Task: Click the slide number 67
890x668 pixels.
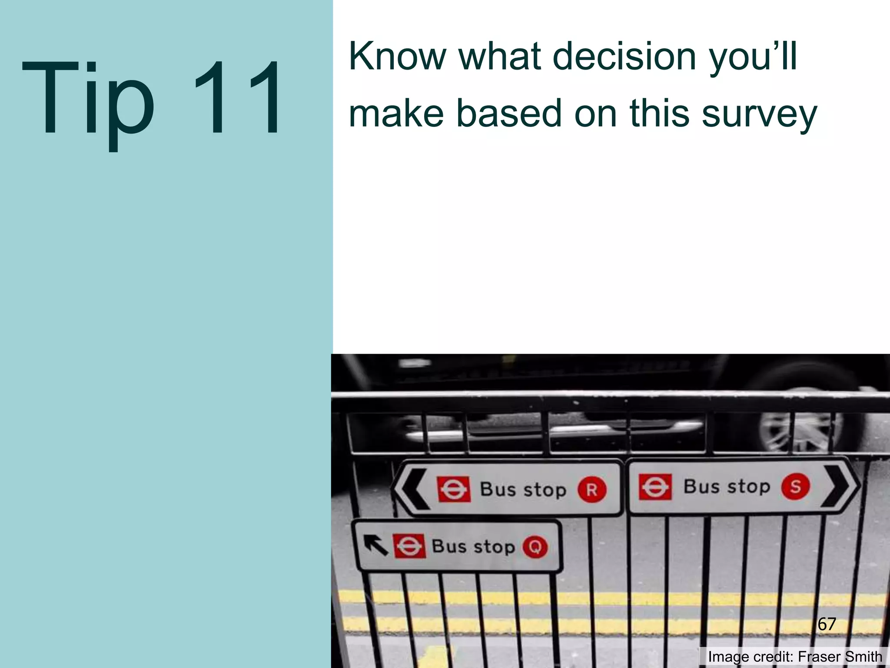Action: click(x=827, y=625)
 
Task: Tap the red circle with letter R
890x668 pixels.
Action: click(x=592, y=490)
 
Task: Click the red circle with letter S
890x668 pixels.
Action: click(x=795, y=486)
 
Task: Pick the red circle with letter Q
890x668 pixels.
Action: click(x=535, y=547)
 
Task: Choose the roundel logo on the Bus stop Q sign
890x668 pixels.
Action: click(x=409, y=546)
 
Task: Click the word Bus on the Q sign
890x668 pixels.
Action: click(x=449, y=546)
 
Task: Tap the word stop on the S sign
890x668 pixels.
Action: click(x=748, y=487)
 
